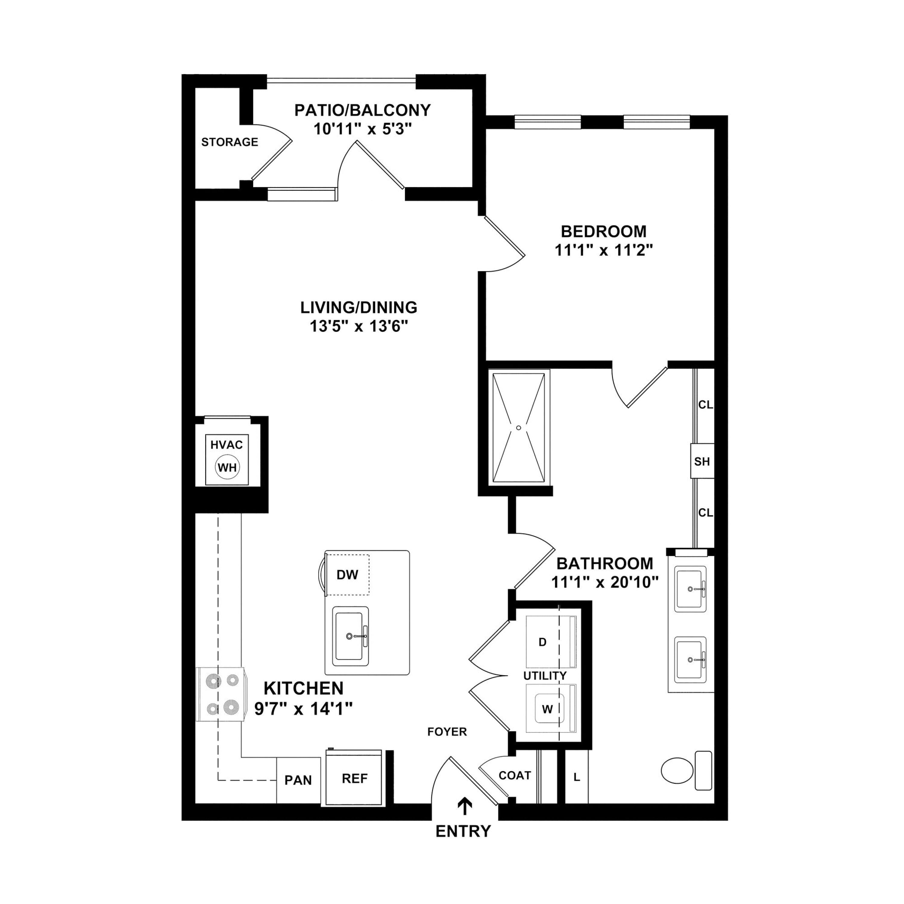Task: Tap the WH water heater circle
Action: (228, 467)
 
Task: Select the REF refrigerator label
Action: (354, 779)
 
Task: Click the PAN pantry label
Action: (298, 780)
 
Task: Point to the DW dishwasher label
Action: (347, 575)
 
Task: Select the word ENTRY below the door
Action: (463, 831)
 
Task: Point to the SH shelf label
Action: (702, 462)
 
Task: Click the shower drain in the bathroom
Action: (518, 428)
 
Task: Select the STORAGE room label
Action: (230, 142)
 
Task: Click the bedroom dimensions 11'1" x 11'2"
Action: (604, 250)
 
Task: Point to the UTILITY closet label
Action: (545, 676)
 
